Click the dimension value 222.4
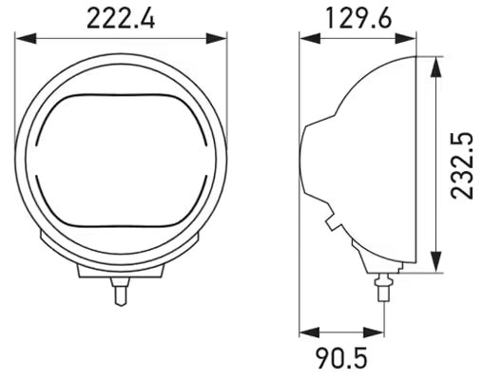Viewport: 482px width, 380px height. (121, 19)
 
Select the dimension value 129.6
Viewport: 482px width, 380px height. (358, 19)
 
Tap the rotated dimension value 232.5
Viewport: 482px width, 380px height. (462, 166)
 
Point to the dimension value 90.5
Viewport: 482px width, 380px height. (341, 358)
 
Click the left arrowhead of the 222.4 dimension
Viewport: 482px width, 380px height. (26, 38)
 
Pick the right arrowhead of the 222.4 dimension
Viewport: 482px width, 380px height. (216, 38)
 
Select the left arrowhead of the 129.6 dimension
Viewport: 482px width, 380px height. (310, 38)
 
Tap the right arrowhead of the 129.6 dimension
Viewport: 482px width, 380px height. (405, 38)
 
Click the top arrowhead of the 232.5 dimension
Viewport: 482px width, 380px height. (436, 66)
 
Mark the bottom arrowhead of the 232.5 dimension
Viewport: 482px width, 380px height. (436, 261)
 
